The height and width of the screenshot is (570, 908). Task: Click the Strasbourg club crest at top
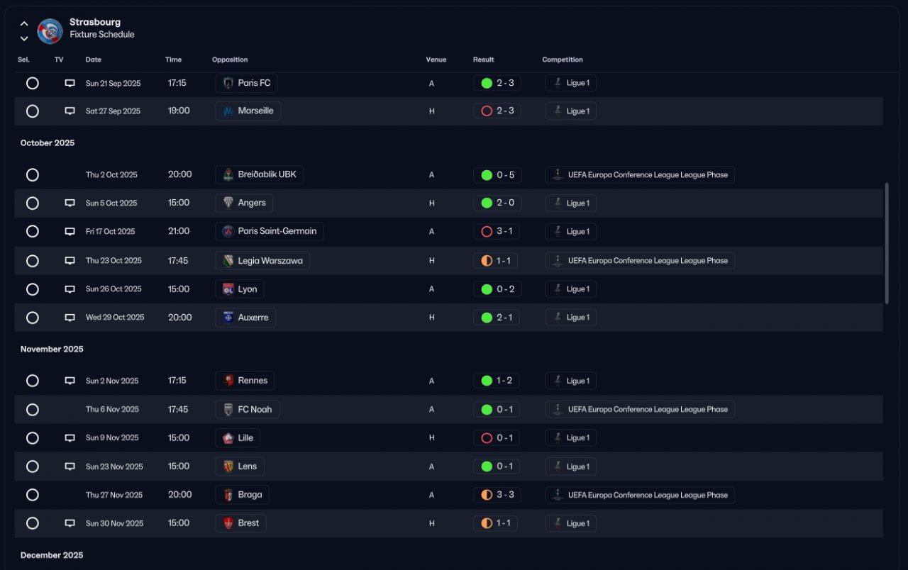pyautogui.click(x=50, y=30)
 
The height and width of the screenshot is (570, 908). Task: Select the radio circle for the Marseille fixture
pyautogui.click(x=32, y=111)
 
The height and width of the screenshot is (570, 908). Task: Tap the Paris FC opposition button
pyautogui.click(x=246, y=83)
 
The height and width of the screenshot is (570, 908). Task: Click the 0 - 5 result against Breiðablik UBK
pyautogui.click(x=497, y=175)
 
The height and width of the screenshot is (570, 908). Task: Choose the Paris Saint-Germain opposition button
pyautogui.click(x=270, y=231)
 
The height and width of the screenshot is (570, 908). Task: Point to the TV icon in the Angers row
pyautogui.click(x=70, y=203)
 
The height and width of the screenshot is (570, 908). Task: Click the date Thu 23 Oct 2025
pyautogui.click(x=113, y=261)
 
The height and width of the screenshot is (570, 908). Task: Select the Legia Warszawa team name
pyautogui.click(x=270, y=261)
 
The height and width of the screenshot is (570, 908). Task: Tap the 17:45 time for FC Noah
pyautogui.click(x=178, y=410)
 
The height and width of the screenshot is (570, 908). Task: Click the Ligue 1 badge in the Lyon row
pyautogui.click(x=570, y=289)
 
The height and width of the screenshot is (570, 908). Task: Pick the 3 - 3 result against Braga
pyautogui.click(x=497, y=495)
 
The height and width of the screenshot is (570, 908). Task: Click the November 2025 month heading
pyautogui.click(x=52, y=349)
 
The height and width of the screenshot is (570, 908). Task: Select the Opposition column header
pyautogui.click(x=230, y=60)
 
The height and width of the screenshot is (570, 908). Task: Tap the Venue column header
pyautogui.click(x=436, y=60)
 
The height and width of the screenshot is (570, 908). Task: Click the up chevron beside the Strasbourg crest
pyautogui.click(x=24, y=23)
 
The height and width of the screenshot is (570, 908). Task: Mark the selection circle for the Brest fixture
pyautogui.click(x=32, y=523)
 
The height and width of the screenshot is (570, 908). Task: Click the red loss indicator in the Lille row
pyautogui.click(x=487, y=438)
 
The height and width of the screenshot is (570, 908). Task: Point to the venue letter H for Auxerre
pyautogui.click(x=431, y=318)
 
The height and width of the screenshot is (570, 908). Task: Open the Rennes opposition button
pyautogui.click(x=245, y=381)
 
